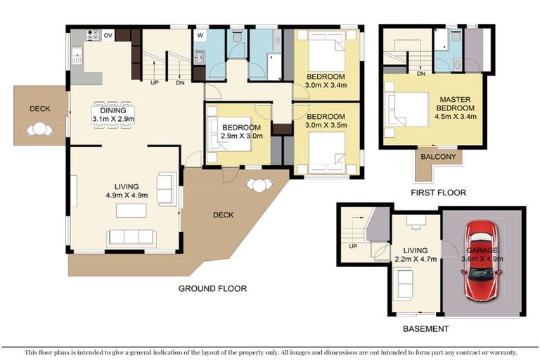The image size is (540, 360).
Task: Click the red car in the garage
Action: click(x=481, y=260)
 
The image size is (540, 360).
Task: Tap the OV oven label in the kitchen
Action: click(x=108, y=35)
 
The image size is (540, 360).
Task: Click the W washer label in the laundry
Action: click(x=200, y=35)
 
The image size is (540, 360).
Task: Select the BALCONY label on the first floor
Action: click(x=438, y=157)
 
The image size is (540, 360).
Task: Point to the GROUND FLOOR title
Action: click(x=212, y=289)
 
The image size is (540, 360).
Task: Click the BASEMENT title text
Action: click(x=425, y=329)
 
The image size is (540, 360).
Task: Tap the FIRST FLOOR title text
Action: click(x=438, y=193)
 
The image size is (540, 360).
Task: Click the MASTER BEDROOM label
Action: click(x=456, y=103)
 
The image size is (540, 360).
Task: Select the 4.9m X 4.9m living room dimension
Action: click(x=127, y=195)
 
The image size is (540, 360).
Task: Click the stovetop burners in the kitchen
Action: click(x=93, y=34)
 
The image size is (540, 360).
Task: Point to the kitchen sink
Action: click(x=77, y=56)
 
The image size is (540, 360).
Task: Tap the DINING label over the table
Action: click(x=113, y=110)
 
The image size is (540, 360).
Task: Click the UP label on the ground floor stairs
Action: click(x=154, y=83)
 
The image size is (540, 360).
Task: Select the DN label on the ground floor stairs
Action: click(x=180, y=83)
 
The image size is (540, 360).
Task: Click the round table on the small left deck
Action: click(x=40, y=129)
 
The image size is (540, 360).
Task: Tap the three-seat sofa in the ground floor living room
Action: click(x=131, y=238)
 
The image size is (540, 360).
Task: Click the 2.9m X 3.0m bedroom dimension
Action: click(x=242, y=136)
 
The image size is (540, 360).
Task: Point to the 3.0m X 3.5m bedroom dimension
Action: click(x=326, y=125)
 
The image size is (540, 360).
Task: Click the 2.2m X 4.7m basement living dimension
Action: click(x=416, y=259)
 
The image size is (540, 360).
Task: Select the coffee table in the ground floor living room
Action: click(x=131, y=210)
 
